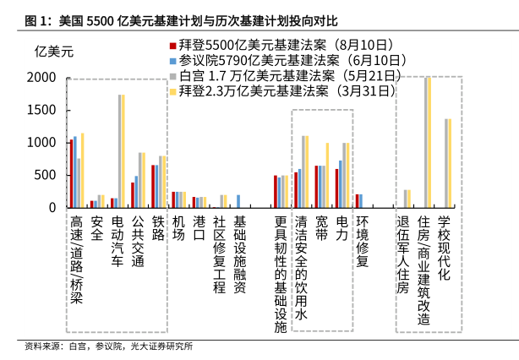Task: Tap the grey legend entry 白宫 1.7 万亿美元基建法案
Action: tap(278, 76)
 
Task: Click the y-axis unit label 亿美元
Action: tap(52, 52)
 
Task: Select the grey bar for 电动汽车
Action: tap(119, 150)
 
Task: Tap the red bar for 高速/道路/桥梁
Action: tap(71, 173)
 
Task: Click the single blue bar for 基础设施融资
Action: tap(238, 201)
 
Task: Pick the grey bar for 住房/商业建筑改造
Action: tap(425, 142)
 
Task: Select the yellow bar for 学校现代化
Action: tap(450, 162)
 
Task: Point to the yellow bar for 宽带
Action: tap(326, 175)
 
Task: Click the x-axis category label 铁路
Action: tap(157, 229)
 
